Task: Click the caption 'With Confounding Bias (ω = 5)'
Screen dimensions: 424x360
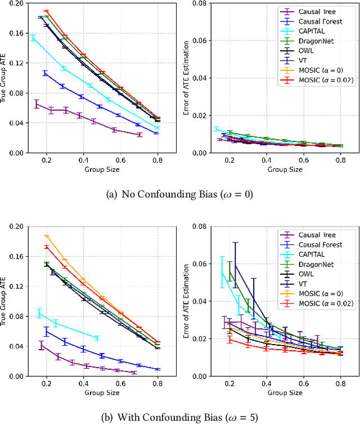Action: [x=179, y=417]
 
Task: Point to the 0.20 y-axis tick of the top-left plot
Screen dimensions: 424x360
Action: [x=17, y=3]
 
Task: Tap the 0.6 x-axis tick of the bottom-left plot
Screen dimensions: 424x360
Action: [x=120, y=383]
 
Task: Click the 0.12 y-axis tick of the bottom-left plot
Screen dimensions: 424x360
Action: [x=17, y=286]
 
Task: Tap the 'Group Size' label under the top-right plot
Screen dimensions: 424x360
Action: [x=285, y=169]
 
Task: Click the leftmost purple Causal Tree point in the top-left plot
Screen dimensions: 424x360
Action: [x=37, y=104]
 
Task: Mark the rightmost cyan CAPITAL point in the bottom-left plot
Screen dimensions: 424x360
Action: [x=98, y=338]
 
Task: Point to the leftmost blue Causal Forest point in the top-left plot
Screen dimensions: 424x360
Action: [x=45, y=73]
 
